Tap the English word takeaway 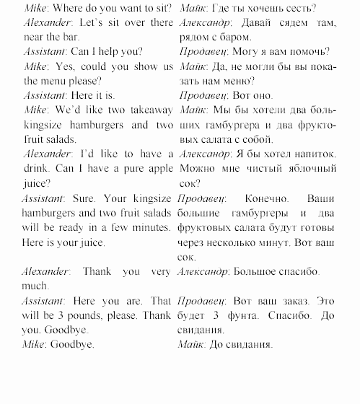(148, 109)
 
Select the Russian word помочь (307, 51)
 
